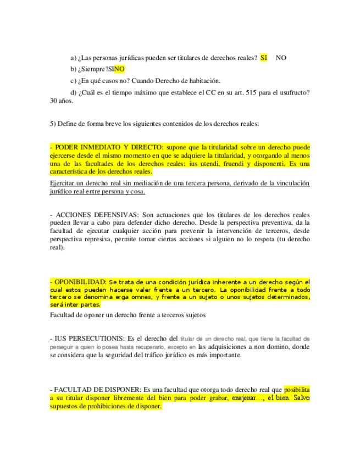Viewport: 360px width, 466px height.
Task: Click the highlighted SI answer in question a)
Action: (x=264, y=58)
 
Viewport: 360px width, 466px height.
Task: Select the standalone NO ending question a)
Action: (x=281, y=58)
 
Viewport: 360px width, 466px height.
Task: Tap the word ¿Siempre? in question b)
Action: (x=93, y=69)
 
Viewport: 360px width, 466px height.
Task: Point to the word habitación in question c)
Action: (x=205, y=81)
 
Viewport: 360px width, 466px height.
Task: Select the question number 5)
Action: (x=53, y=124)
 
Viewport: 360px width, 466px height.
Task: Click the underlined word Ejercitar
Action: (x=65, y=184)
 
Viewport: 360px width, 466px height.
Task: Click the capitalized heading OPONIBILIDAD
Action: (x=77, y=281)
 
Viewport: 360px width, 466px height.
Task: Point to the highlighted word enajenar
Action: (x=245, y=397)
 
